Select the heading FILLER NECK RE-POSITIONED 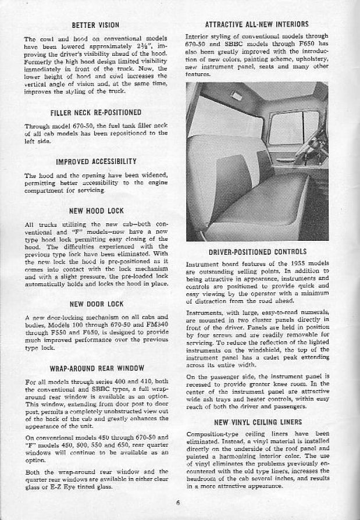[x=95, y=112]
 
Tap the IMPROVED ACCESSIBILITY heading [x=96, y=161]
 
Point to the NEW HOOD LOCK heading [x=95, y=210]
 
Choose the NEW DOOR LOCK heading [x=95, y=303]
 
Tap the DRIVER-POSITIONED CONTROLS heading [x=257, y=252]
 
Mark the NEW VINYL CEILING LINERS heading [x=257, y=422]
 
